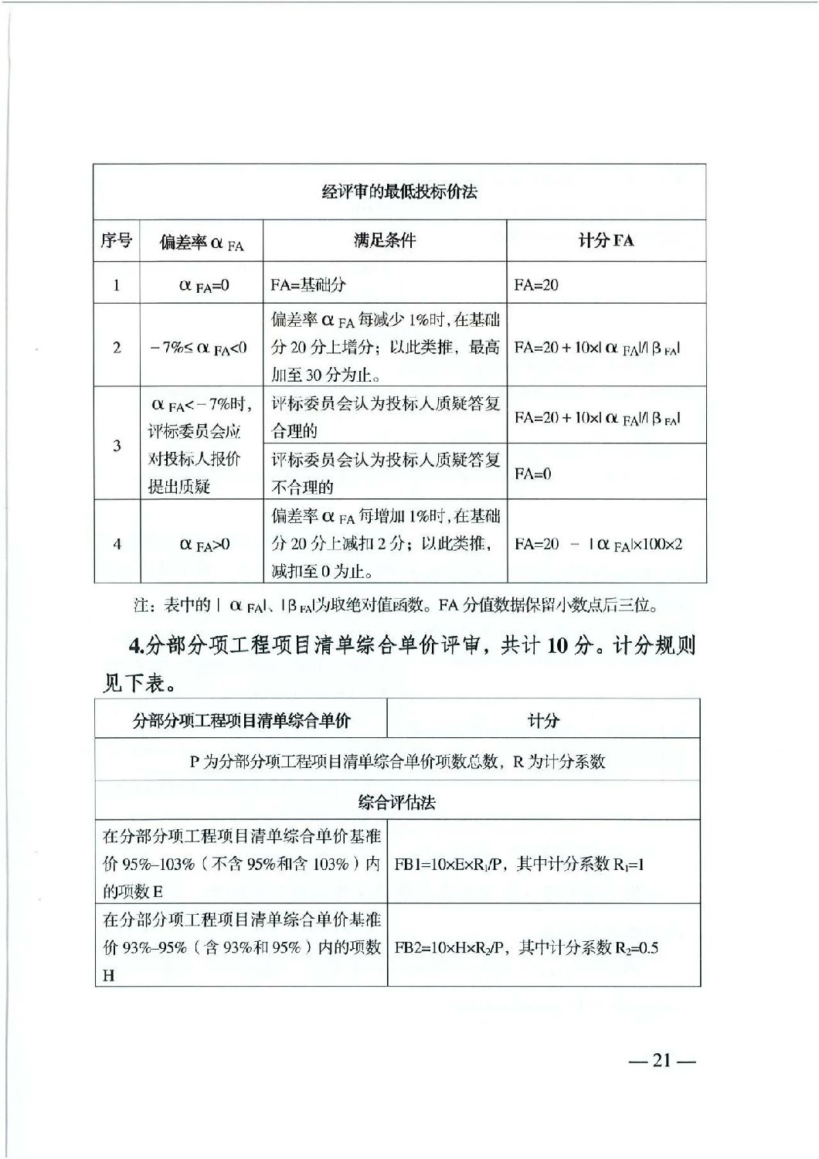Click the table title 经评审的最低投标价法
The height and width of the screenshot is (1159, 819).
click(399, 192)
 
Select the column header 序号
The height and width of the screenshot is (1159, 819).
click(116, 241)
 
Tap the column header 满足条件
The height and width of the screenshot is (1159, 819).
click(385, 241)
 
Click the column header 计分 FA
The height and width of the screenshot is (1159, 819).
click(606, 241)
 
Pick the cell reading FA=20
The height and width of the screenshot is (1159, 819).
click(536, 285)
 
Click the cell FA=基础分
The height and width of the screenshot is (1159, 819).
click(308, 285)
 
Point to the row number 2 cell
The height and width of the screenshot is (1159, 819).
click(117, 347)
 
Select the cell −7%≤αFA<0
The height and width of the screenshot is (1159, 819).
click(199, 348)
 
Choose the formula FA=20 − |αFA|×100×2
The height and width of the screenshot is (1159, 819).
click(598, 545)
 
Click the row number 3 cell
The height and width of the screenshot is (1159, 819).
click(117, 446)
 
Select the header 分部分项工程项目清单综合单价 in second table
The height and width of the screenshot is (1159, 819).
click(241, 721)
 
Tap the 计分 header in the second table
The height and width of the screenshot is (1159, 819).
click(542, 721)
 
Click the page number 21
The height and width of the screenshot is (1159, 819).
click(663, 1061)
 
